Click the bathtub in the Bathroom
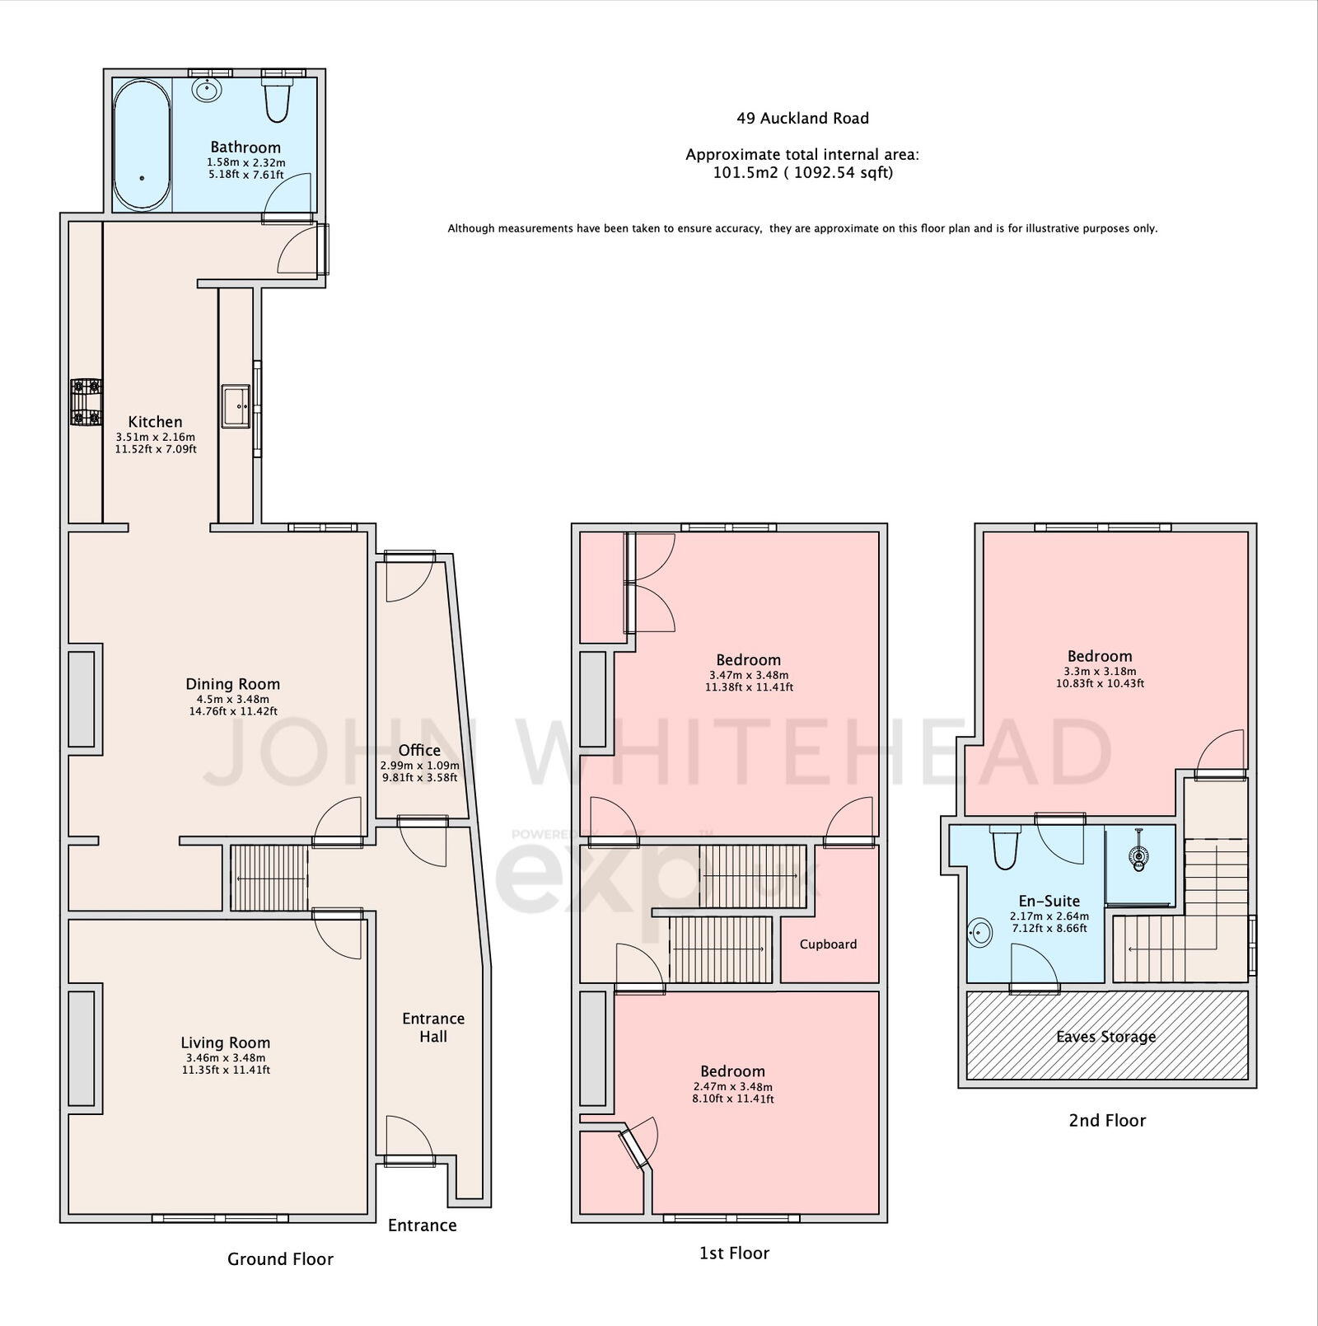142,144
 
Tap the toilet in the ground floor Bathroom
277,99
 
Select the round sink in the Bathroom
207,89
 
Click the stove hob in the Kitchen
85,401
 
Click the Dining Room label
232,684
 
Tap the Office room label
419,750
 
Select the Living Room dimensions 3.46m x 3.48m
226,1057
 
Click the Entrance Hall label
433,1028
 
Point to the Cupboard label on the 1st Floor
828,944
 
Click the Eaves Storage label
1105,1037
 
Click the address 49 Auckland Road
802,119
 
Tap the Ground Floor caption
280,1259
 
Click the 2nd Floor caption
1107,1121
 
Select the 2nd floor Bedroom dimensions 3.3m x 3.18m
1099,671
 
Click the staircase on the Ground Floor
269,878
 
